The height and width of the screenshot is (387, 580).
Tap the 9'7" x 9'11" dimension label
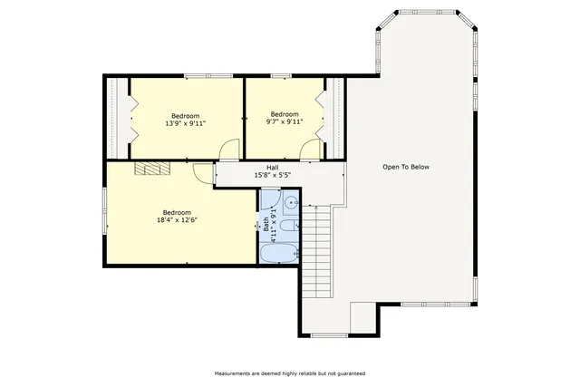284,121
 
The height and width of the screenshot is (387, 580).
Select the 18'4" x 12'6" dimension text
177,219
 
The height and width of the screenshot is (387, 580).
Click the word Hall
272,168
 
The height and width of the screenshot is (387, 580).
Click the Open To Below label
405,167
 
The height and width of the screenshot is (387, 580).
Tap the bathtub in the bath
280,253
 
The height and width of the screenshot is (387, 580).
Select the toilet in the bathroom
286,227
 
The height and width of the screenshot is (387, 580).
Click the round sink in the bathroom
292,202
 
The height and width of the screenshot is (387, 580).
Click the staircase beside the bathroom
317,245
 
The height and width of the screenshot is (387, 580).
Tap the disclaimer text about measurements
289,372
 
